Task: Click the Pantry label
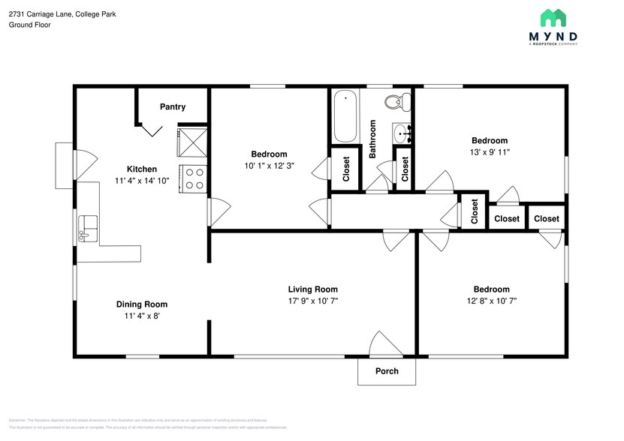coord(173,107)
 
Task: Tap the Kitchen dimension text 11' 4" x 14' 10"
coord(142,181)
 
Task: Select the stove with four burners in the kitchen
coord(193,179)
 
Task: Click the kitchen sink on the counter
coord(89,224)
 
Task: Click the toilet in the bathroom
coord(395,102)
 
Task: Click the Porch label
coord(386,371)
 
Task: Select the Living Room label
coord(312,289)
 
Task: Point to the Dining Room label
coord(141,304)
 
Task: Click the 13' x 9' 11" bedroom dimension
coord(489,152)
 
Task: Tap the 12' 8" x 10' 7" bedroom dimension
coord(491,301)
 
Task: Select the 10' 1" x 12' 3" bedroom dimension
coord(268,166)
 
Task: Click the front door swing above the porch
coord(383,345)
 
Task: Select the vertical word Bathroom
coord(372,139)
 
